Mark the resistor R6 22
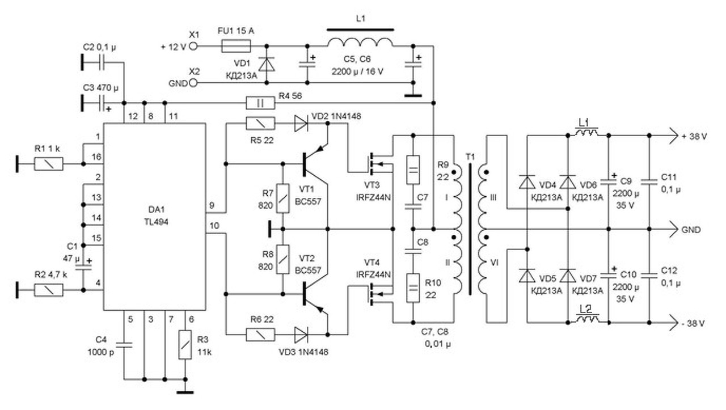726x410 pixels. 261,335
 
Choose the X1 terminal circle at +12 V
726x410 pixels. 193,47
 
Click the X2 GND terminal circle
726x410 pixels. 193,83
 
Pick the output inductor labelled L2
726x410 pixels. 588,320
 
